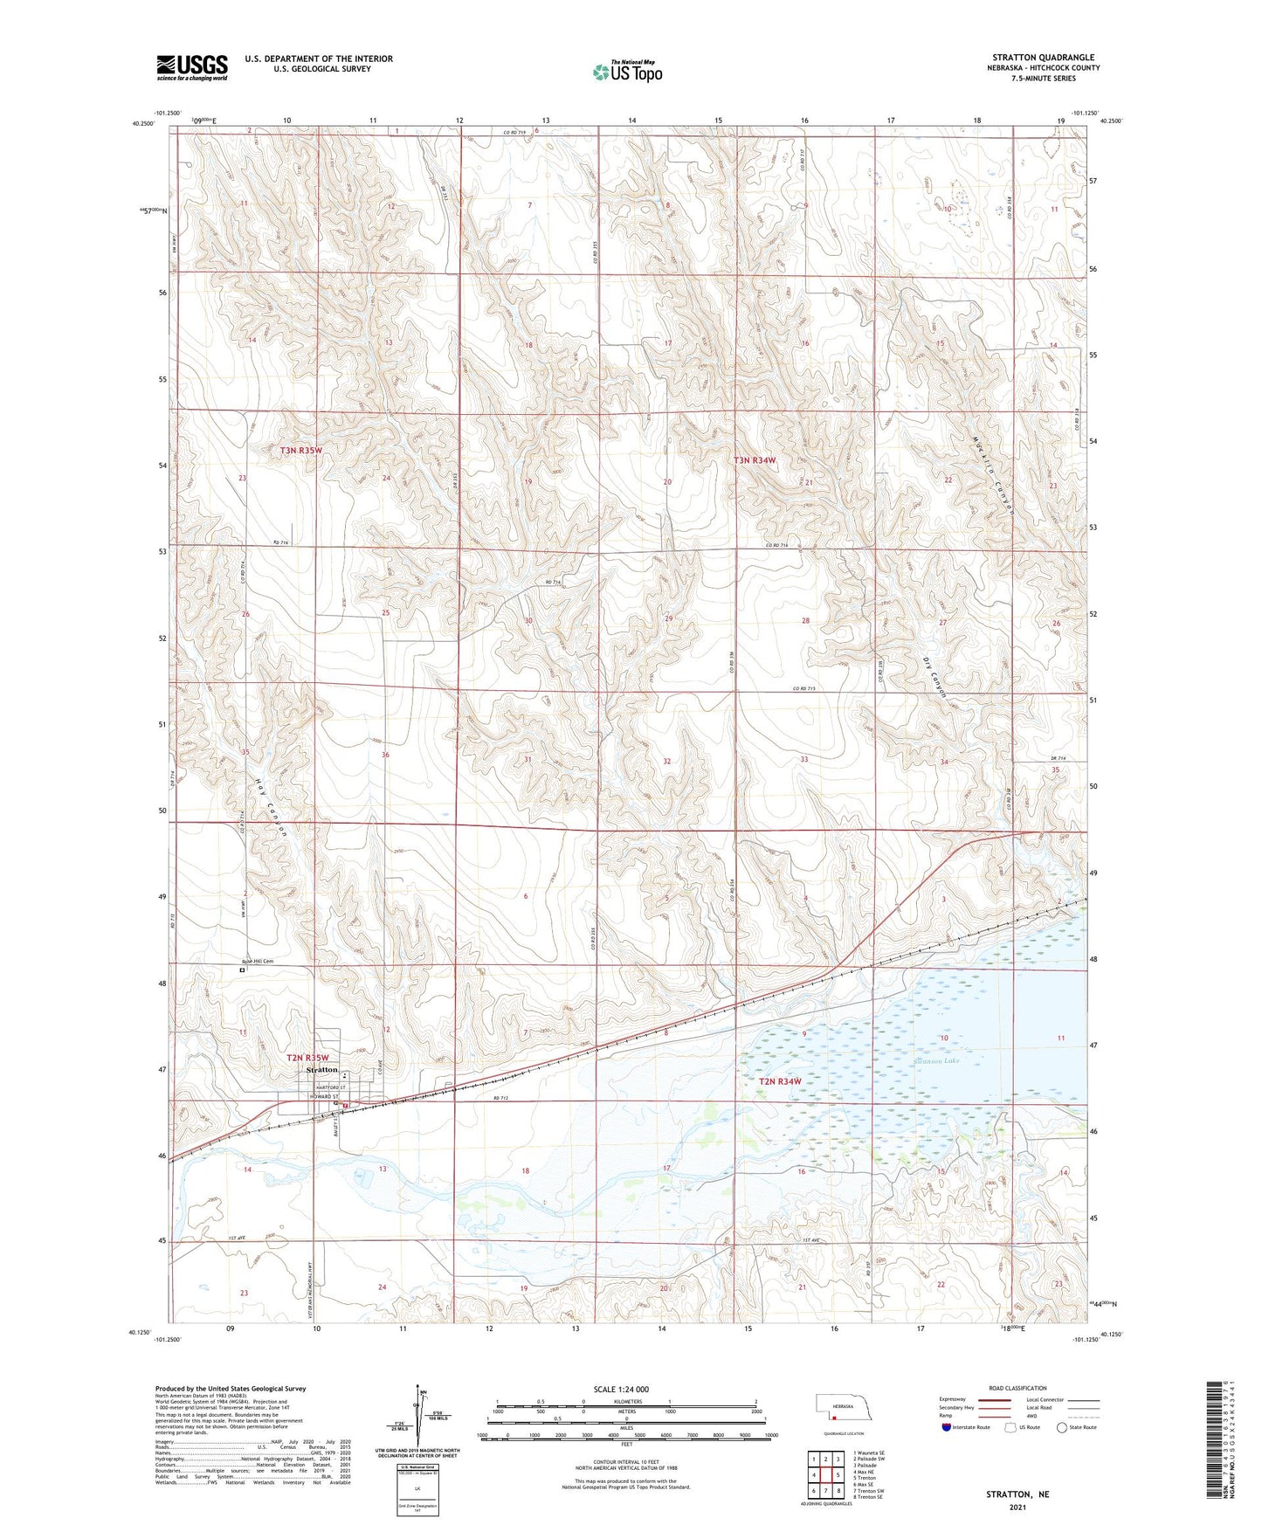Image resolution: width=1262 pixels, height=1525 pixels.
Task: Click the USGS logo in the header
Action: click(x=191, y=67)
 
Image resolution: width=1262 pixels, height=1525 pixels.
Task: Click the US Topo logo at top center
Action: click(x=627, y=71)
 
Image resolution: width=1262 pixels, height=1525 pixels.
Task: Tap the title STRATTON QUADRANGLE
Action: click(x=1043, y=57)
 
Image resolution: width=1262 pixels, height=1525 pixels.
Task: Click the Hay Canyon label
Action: click(x=271, y=808)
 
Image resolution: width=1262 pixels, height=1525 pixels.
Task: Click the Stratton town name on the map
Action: click(x=321, y=1070)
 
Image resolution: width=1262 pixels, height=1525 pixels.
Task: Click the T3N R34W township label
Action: click(x=755, y=459)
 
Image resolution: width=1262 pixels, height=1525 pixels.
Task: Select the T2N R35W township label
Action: click(x=307, y=1058)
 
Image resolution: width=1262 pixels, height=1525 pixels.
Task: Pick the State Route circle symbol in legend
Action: click(x=1061, y=1427)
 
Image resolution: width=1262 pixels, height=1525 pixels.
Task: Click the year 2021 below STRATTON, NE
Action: click(x=1017, y=1508)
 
